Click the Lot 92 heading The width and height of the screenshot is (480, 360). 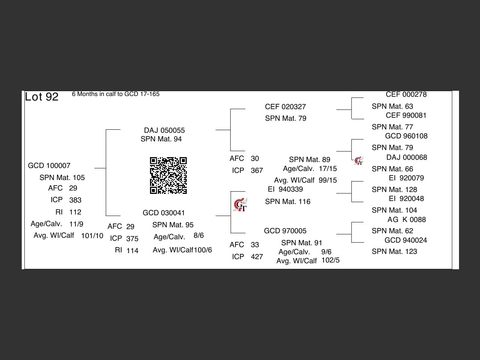(42, 97)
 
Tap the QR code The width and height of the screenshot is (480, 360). (168, 175)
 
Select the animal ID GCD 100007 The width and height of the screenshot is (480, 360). (49, 166)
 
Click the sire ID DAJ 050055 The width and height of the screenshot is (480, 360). (164, 130)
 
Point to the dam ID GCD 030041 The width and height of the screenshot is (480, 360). (163, 213)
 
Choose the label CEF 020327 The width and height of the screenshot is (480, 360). (285, 107)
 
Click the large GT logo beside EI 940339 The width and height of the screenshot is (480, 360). (240, 205)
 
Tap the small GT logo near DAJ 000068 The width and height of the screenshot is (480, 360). (359, 161)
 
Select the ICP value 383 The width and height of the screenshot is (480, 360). (75, 200)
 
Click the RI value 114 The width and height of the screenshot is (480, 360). (132, 250)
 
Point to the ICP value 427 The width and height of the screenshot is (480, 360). (257, 256)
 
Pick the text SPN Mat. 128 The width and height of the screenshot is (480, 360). (394, 189)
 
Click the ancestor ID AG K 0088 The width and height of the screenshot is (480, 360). (406, 219)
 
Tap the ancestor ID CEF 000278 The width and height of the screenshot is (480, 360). (406, 94)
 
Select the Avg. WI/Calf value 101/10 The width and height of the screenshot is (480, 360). (92, 235)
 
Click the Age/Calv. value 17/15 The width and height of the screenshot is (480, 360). (328, 168)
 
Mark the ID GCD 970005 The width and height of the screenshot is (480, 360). (285, 231)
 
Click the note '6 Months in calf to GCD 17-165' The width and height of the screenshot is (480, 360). (115, 94)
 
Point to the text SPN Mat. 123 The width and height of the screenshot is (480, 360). (394, 252)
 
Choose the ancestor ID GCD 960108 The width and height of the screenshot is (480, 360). (406, 136)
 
